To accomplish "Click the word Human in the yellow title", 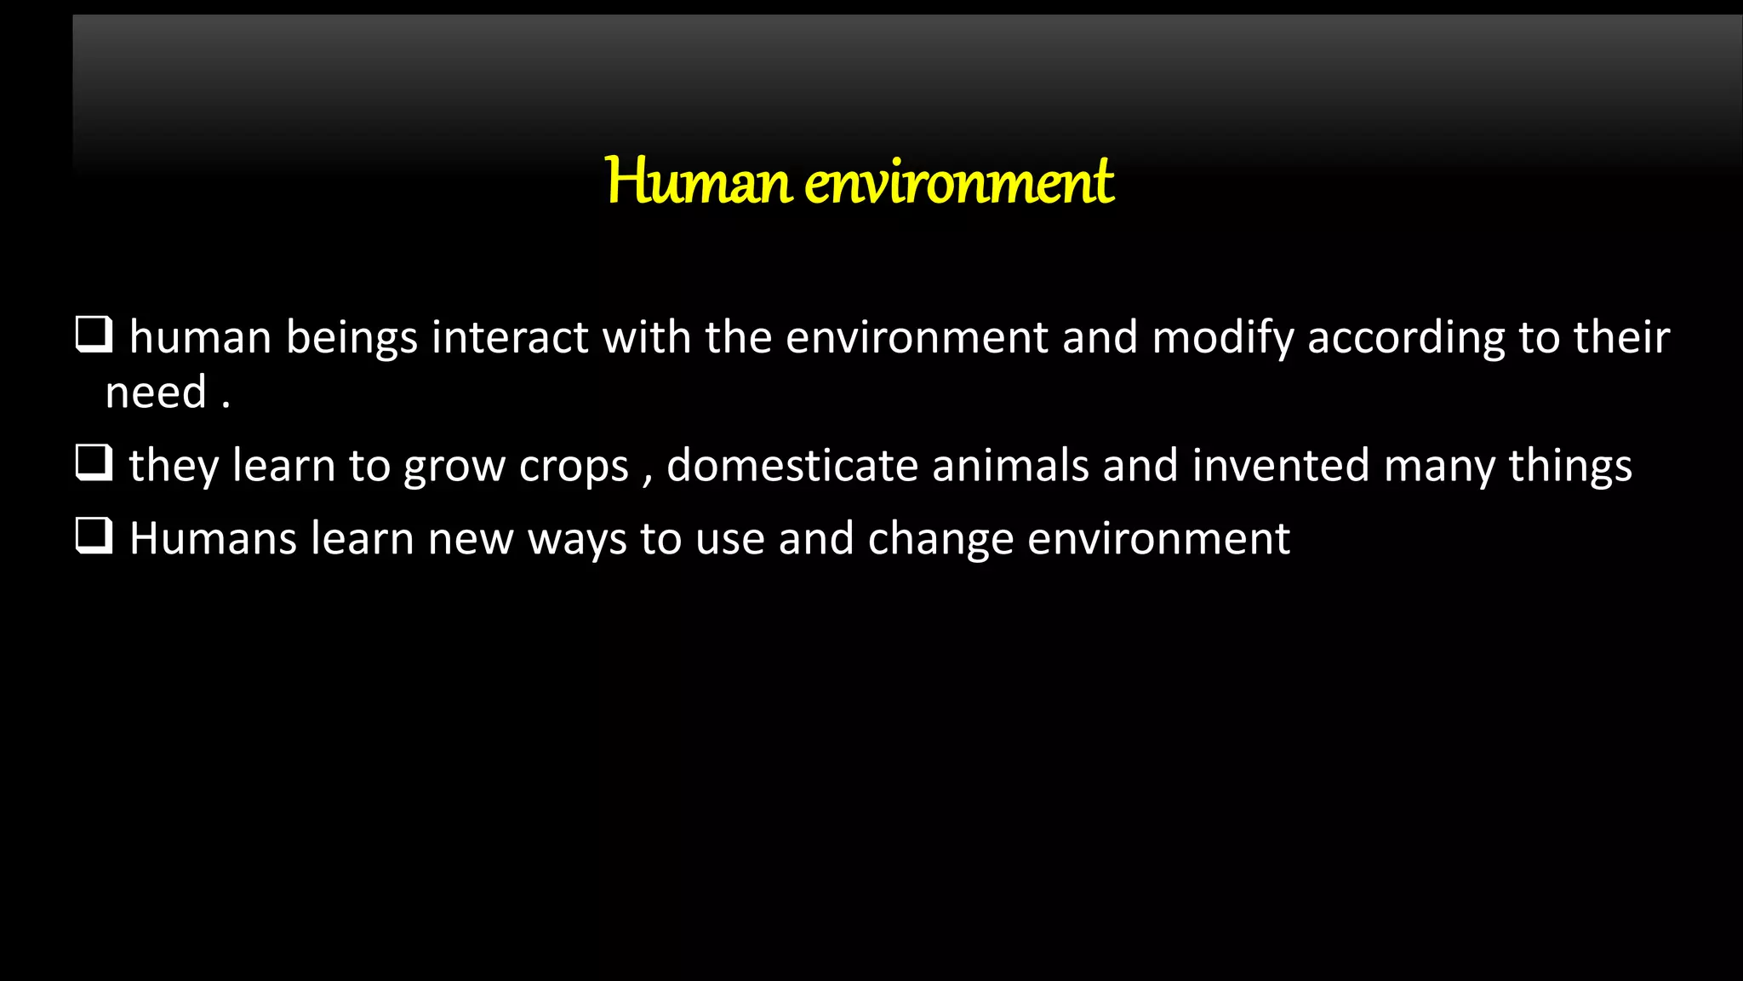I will tap(699, 181).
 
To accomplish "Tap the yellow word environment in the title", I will tap(959, 181).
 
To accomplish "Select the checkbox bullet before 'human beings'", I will tap(94, 335).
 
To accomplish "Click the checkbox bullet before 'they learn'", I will tap(94, 463).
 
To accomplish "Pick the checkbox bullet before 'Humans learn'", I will tap(94, 536).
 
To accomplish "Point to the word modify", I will tap(1222, 339).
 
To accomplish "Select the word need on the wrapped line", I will tap(156, 393).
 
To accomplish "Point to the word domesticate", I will tap(791, 466).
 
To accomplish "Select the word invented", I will tap(1281, 466).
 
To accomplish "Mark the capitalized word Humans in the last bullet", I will tap(213, 539).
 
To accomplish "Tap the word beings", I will tap(351, 339).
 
